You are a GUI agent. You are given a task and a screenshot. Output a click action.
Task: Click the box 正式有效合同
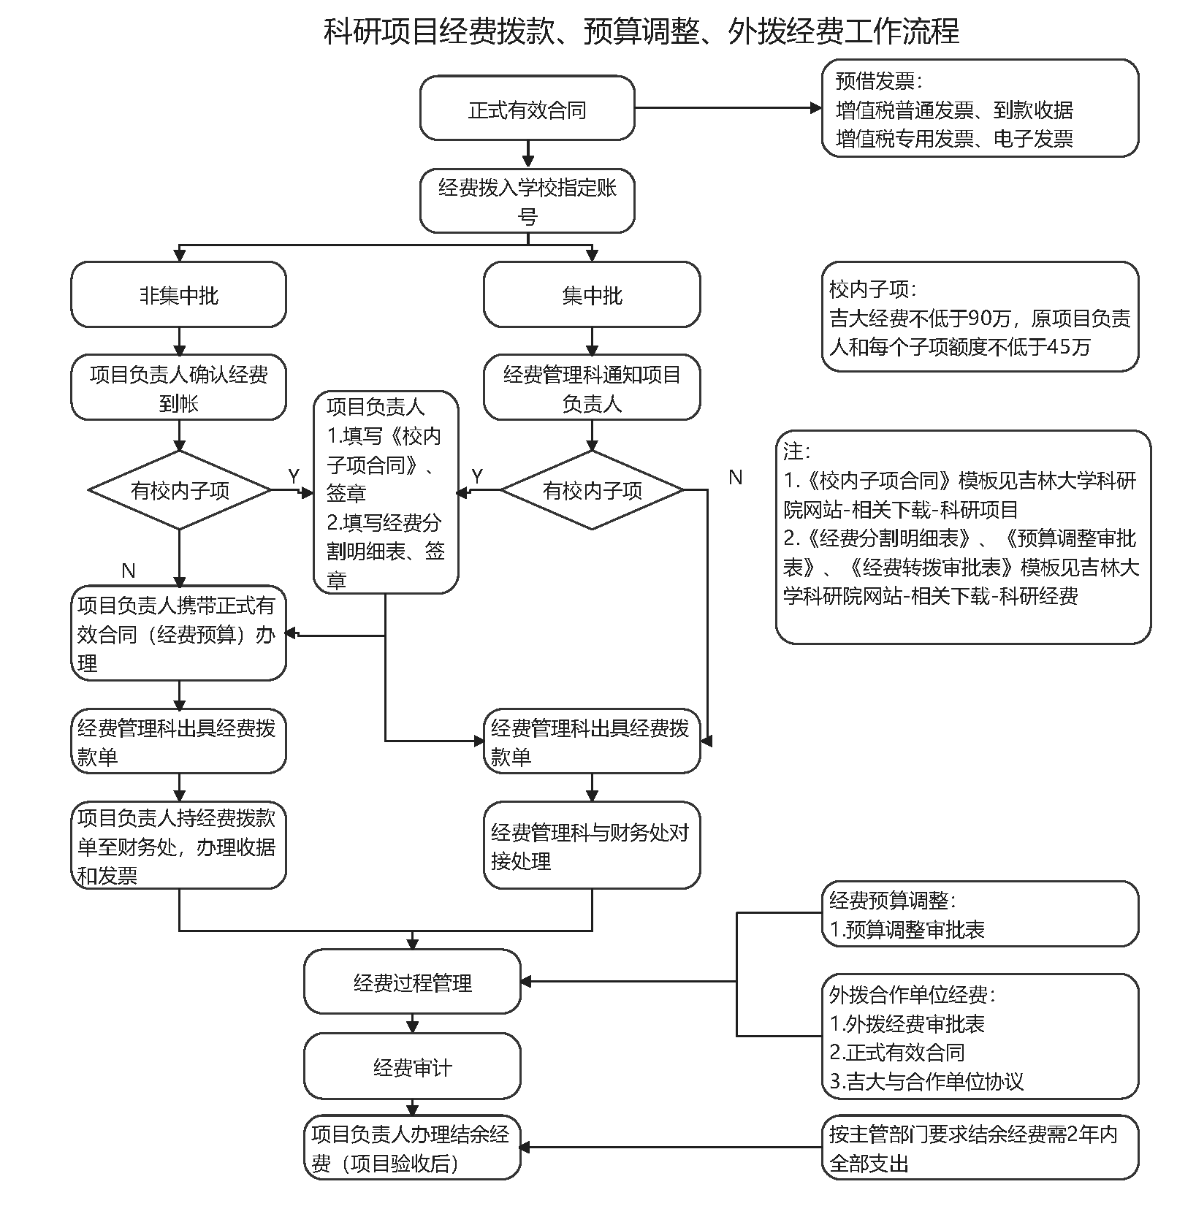tap(527, 108)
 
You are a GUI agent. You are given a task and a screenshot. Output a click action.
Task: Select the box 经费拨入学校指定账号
tap(527, 201)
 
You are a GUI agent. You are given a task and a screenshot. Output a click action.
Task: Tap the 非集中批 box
tap(178, 294)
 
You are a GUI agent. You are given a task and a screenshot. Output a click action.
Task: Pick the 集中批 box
tap(592, 294)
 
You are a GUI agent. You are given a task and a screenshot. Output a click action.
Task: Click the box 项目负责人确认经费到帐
tap(178, 388)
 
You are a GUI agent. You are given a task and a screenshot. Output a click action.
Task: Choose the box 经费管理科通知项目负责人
tap(592, 388)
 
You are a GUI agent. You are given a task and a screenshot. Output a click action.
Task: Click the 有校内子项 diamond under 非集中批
tap(179, 489)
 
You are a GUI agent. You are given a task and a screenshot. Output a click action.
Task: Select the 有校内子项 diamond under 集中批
tap(592, 489)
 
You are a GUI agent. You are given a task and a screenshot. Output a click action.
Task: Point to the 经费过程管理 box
tap(412, 982)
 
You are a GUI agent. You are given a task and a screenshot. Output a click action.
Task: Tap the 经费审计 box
tap(412, 1067)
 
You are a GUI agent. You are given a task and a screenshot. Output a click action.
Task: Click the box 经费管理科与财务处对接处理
tap(592, 846)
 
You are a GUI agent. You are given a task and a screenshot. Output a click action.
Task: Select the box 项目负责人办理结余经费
tap(412, 1148)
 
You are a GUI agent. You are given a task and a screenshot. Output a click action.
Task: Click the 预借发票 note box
tap(980, 109)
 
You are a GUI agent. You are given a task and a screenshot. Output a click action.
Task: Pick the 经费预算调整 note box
tap(980, 915)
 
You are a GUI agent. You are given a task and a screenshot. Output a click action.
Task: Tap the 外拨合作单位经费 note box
tap(980, 1037)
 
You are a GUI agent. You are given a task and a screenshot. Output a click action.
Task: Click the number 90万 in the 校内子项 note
tap(989, 318)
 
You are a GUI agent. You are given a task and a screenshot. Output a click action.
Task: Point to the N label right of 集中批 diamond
tap(735, 478)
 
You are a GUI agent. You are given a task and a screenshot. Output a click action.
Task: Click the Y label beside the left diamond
tap(294, 476)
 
